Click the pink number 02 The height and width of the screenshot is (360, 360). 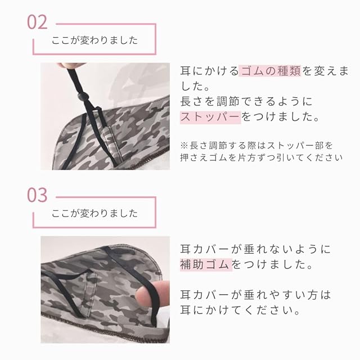37,22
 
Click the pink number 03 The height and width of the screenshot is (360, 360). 37,195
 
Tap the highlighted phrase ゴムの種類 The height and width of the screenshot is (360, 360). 270,71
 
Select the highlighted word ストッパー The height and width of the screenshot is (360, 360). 210,116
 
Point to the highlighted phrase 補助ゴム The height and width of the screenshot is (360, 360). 206,264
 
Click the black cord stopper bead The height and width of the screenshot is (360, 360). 81,96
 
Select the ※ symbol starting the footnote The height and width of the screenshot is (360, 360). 184,145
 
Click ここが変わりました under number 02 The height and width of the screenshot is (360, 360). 94,40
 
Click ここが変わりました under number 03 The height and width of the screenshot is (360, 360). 94,213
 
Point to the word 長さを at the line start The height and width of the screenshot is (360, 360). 197,101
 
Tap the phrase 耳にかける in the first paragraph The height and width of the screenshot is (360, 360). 209,71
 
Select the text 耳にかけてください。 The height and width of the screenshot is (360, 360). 240,310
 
